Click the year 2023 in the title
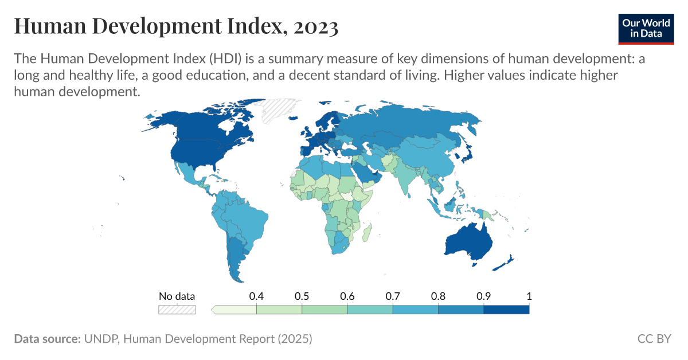tap(315, 26)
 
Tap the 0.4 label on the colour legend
tap(256, 296)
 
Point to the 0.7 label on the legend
tap(393, 296)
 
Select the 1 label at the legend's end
tap(529, 296)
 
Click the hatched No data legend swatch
tap(177, 310)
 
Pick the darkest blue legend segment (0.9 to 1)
tap(506, 310)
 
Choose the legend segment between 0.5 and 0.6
tap(325, 310)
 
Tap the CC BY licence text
tap(654, 339)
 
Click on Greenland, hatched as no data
tap(278, 109)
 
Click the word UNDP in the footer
tap(101, 339)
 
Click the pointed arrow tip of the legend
tap(213, 310)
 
